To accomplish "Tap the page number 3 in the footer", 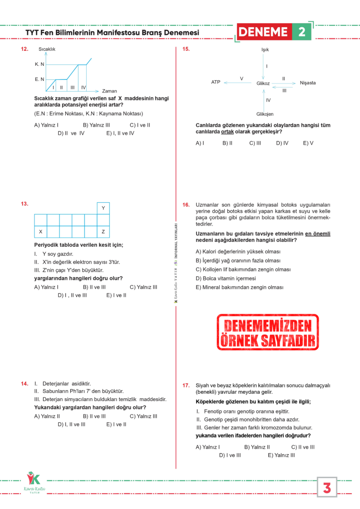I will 327,488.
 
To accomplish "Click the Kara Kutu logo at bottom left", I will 34,484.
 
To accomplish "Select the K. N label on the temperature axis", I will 39,64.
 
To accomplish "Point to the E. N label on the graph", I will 39,79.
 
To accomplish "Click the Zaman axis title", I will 109,91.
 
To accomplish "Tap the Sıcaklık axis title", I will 47,49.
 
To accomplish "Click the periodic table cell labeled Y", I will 103,208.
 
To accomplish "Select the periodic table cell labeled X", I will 40,232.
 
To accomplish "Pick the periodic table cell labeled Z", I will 103,232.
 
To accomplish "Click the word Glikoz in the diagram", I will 263,83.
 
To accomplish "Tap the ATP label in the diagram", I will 216,82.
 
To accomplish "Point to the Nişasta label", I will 308,83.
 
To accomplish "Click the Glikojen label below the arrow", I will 265,114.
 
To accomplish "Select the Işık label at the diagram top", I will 265,49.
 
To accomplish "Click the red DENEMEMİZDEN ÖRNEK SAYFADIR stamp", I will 267,332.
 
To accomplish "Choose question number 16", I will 186,205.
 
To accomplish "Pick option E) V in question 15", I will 308,143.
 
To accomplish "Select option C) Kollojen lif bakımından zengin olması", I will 243,269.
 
